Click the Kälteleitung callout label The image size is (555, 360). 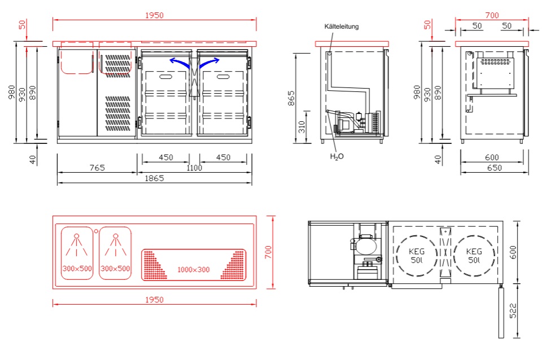click(341, 27)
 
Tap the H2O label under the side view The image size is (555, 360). click(337, 156)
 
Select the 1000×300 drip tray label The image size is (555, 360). click(193, 270)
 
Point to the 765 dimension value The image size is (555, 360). click(97, 167)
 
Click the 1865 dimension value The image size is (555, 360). click(154, 178)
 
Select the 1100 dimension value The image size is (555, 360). click(194, 168)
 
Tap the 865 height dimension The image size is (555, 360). click(291, 98)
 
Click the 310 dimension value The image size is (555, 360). click(301, 126)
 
